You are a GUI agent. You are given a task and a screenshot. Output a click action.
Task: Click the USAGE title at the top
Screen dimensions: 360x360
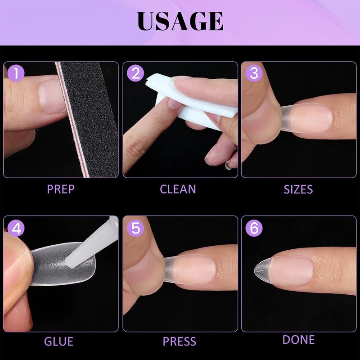pos(180,21)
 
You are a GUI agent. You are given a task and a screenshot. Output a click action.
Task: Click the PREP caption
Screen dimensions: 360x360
pos(61,189)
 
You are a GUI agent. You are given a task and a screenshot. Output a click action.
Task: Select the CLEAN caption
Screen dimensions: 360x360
pos(178,189)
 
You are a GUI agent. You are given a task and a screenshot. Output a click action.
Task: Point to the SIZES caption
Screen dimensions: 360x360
pos(298,189)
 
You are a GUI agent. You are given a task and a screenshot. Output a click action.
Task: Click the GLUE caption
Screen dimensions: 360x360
pos(58,341)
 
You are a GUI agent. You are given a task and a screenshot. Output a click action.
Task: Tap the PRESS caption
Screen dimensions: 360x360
pos(180,341)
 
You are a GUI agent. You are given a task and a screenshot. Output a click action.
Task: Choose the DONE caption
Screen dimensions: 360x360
pos(299,339)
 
